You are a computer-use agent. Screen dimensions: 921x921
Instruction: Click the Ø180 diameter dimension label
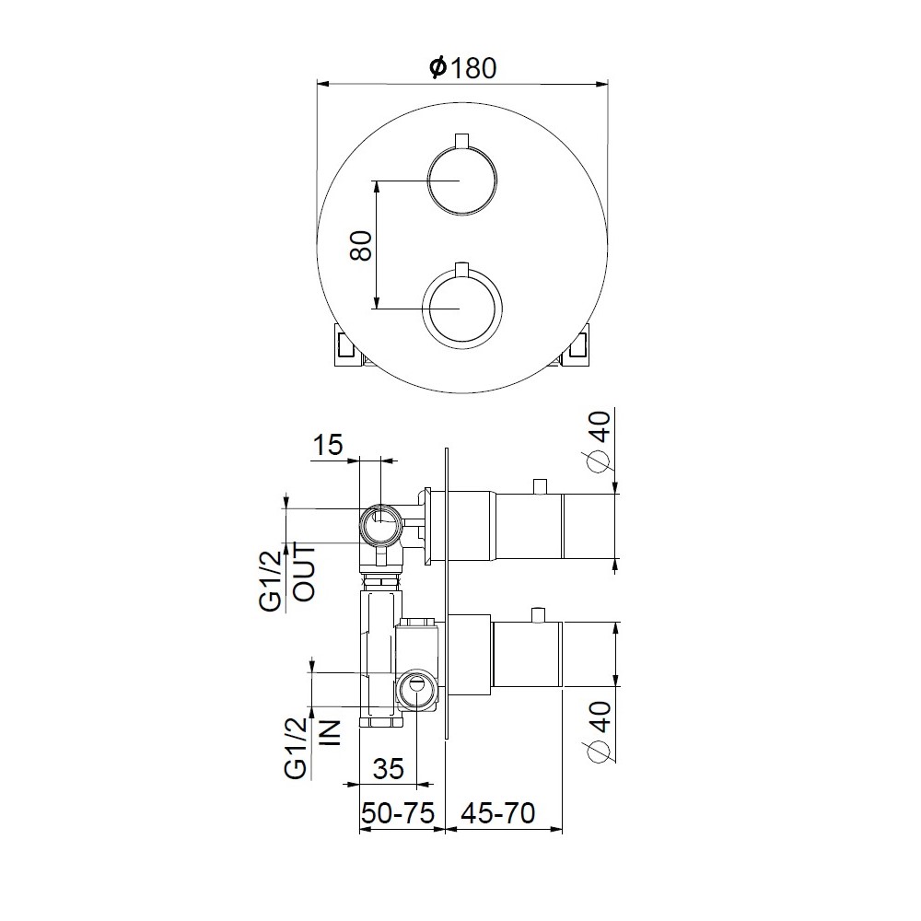coord(463,67)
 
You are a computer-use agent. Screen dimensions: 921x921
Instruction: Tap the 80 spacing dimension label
coord(361,246)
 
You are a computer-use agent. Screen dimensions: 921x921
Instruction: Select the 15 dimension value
coord(328,445)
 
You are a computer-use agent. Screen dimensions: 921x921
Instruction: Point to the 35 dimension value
coord(389,768)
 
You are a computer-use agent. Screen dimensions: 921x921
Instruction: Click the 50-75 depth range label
coord(398,813)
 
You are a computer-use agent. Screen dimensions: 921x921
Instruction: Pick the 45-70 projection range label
coord(498,813)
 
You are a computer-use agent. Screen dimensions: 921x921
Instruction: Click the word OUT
coord(304,573)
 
